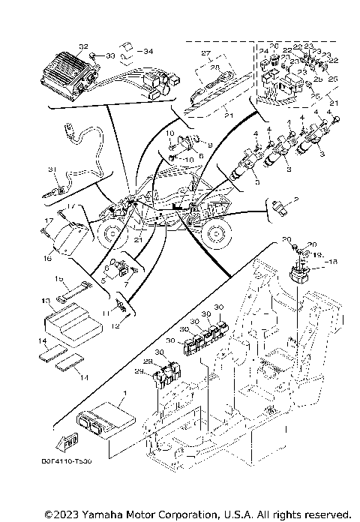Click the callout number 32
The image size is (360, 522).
point(83,46)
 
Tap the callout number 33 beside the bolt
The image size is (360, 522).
point(110,55)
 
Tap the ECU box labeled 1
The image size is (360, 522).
point(104,415)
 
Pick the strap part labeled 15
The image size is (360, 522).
point(75,287)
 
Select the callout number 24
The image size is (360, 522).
point(264,51)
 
